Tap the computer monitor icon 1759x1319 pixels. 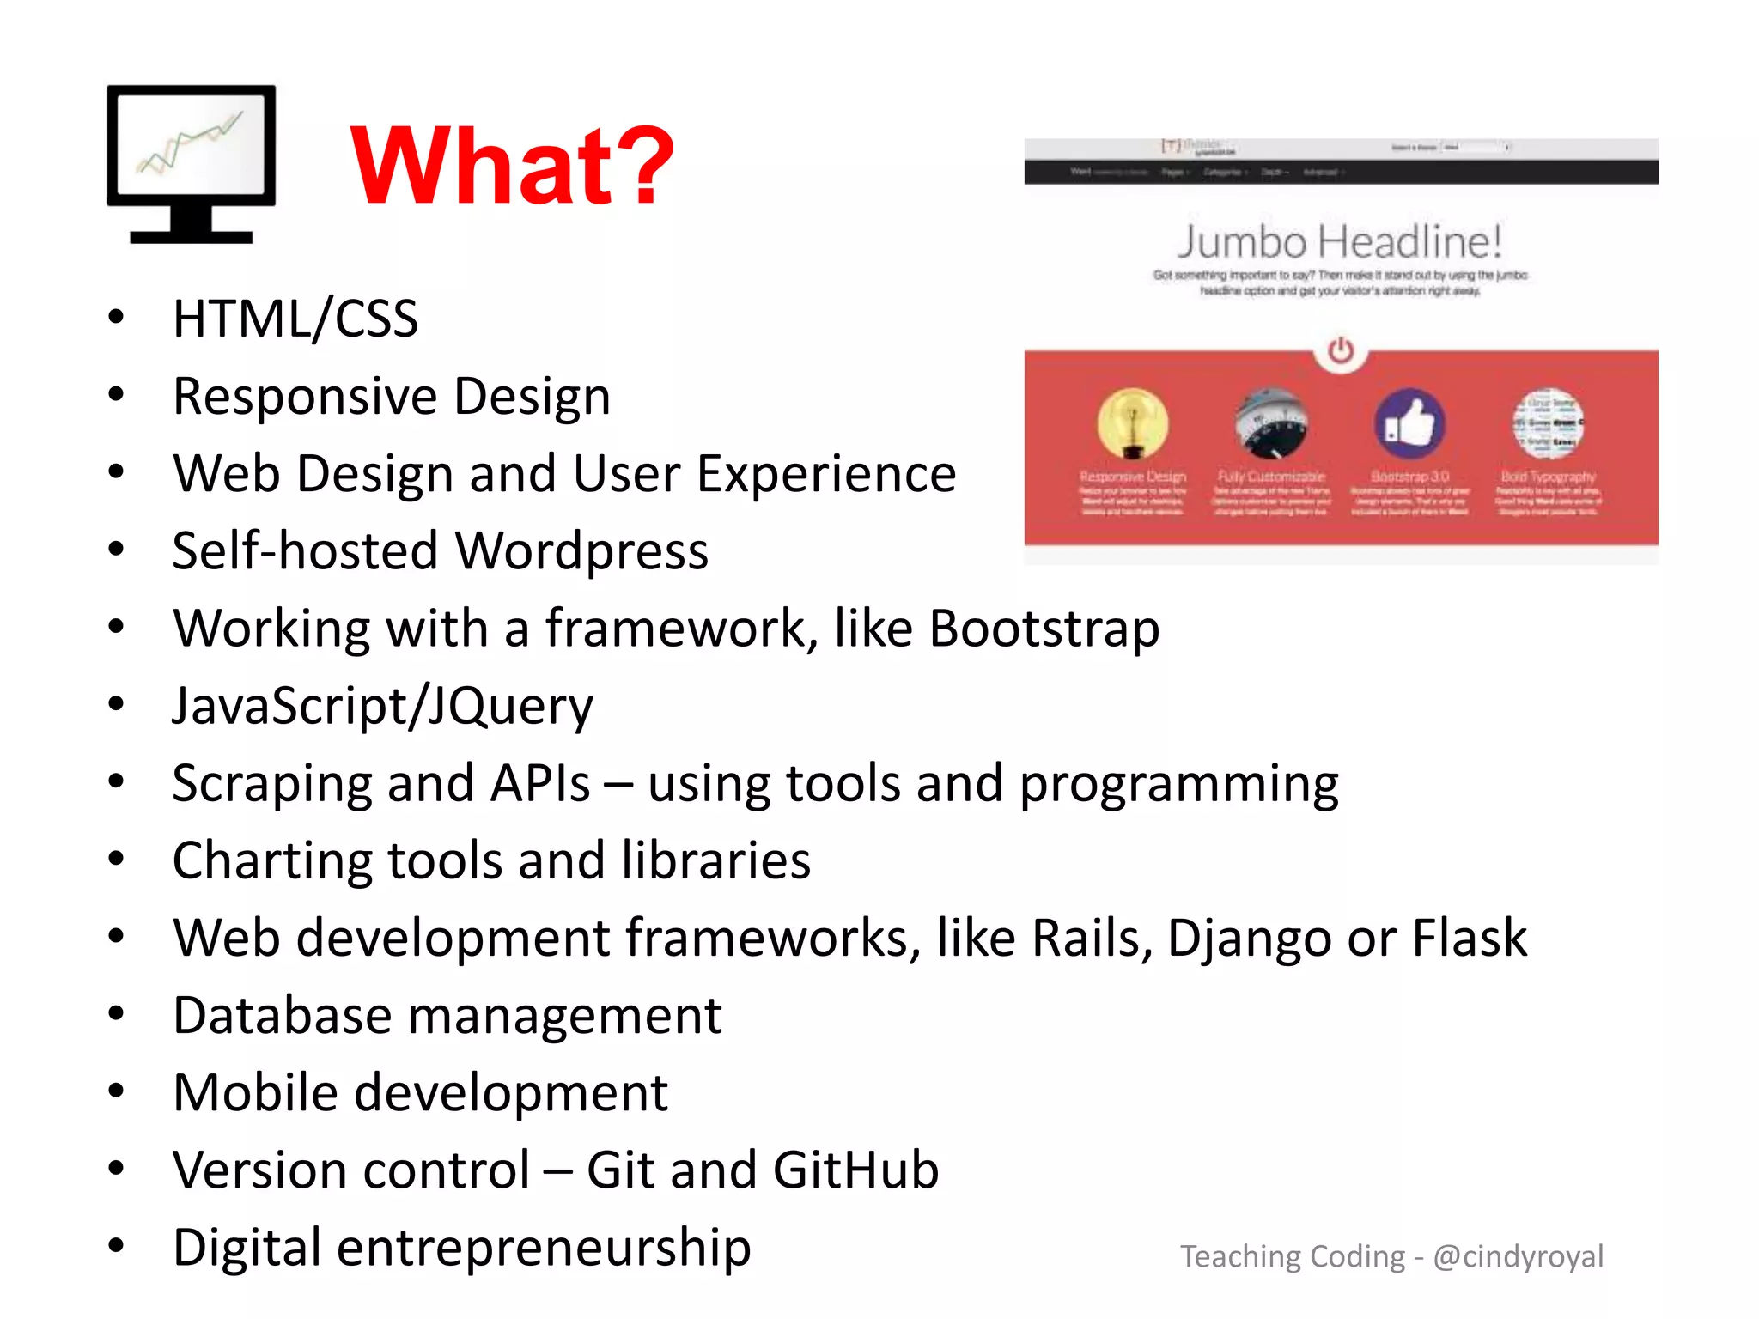point(191,163)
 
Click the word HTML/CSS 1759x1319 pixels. point(295,319)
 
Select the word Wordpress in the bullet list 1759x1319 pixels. point(581,550)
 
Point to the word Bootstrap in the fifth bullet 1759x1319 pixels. point(1044,628)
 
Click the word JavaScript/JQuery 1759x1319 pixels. point(382,706)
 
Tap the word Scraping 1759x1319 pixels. point(271,783)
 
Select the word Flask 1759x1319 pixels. point(1470,938)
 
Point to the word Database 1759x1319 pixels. point(282,1015)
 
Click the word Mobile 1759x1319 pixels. point(255,1092)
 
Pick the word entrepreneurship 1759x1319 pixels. point(544,1248)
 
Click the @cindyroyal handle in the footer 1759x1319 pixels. point(1518,1256)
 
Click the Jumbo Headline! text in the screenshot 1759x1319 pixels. point(1340,241)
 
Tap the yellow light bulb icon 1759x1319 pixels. point(1132,422)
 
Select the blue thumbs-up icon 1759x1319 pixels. point(1409,422)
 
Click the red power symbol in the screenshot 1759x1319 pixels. point(1340,350)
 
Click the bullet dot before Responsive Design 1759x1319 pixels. point(117,395)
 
